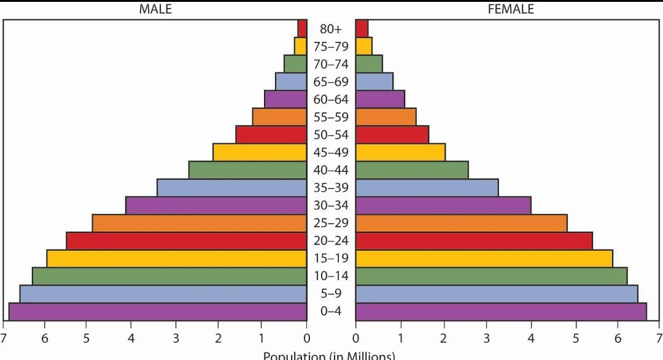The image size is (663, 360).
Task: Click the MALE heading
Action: pyautogui.click(x=155, y=9)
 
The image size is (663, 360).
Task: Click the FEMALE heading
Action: pyautogui.click(x=511, y=9)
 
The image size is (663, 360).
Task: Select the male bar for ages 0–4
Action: pyautogui.click(x=158, y=311)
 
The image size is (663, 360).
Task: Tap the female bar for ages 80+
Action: pyautogui.click(x=362, y=28)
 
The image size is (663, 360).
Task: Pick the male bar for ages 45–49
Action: pyautogui.click(x=260, y=152)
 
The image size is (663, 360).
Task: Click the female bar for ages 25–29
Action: pyautogui.click(x=461, y=223)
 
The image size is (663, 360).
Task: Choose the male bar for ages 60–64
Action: pyautogui.click(x=285, y=99)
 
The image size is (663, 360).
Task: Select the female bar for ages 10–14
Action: pyautogui.click(x=491, y=276)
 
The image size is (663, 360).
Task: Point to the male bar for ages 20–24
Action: pyautogui.click(x=187, y=241)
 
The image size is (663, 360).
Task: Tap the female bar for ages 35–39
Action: pyautogui.click(x=427, y=188)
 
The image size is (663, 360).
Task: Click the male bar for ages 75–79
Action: pyautogui.click(x=300, y=46)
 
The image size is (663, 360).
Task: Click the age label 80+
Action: pyautogui.click(x=331, y=28)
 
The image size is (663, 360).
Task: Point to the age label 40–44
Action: pyautogui.click(x=331, y=170)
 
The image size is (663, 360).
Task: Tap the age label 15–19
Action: pyautogui.click(x=331, y=259)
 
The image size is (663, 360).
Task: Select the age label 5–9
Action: pyautogui.click(x=331, y=294)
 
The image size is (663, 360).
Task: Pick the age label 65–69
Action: pyautogui.click(x=331, y=82)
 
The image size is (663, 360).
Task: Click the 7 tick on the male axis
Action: pyautogui.click(x=4, y=338)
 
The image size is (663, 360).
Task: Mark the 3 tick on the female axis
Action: pyautogui.click(x=487, y=338)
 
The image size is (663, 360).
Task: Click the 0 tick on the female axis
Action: pyautogui.click(x=356, y=338)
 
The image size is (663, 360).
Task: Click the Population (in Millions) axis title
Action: pyautogui.click(x=330, y=355)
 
